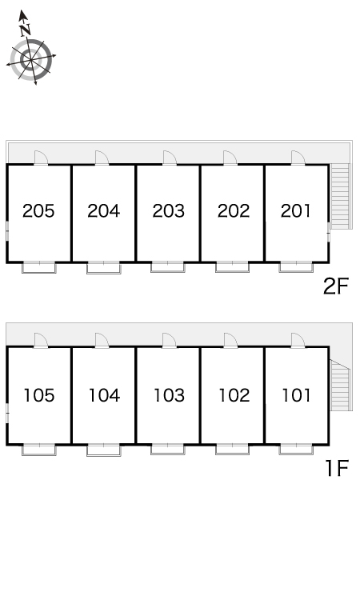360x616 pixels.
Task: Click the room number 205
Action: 38,211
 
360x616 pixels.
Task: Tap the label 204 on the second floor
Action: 104,211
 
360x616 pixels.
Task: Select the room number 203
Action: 169,211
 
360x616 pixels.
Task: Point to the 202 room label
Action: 234,211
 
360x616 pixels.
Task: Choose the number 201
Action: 296,211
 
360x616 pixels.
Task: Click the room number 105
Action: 39,395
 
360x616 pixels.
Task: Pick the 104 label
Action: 105,395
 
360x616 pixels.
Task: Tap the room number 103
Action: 170,395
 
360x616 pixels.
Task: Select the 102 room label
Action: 234,395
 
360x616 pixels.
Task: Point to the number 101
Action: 297,395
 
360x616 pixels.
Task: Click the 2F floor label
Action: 336,287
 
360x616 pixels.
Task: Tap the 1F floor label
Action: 338,468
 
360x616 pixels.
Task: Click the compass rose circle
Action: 31,60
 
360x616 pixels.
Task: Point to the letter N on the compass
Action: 26,30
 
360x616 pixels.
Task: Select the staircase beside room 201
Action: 339,196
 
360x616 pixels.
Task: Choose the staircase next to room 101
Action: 339,386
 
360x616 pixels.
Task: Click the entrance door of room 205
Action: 41,158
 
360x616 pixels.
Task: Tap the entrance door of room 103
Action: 170,340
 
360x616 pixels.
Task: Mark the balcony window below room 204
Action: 104,267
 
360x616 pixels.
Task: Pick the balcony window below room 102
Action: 232,450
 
